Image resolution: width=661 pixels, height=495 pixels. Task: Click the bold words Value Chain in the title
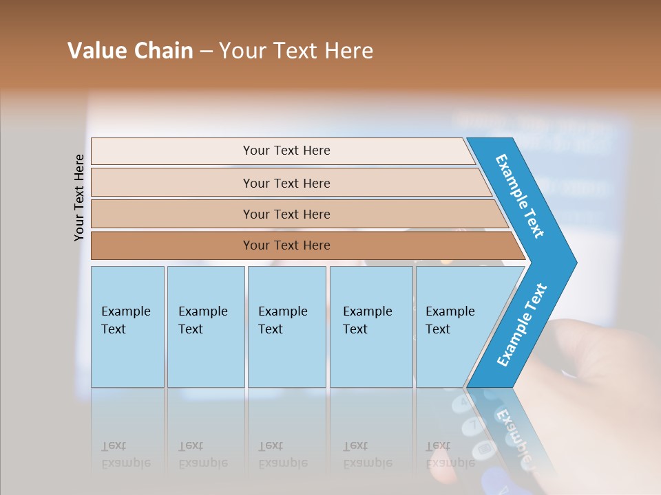130,51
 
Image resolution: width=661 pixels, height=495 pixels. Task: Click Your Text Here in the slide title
296,51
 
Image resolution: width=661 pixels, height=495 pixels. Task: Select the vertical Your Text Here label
79,197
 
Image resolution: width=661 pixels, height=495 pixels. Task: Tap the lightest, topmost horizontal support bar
286,151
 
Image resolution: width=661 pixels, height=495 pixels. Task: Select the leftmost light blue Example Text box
127,326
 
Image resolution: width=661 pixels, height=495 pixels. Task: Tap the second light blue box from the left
205,326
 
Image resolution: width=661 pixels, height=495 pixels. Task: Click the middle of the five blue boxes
286,326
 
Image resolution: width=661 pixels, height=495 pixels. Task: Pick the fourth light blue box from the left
370,326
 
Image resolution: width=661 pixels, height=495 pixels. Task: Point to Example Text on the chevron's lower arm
522,325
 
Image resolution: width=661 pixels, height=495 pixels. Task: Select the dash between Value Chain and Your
206,51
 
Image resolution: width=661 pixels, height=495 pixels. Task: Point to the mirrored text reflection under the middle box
282,454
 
